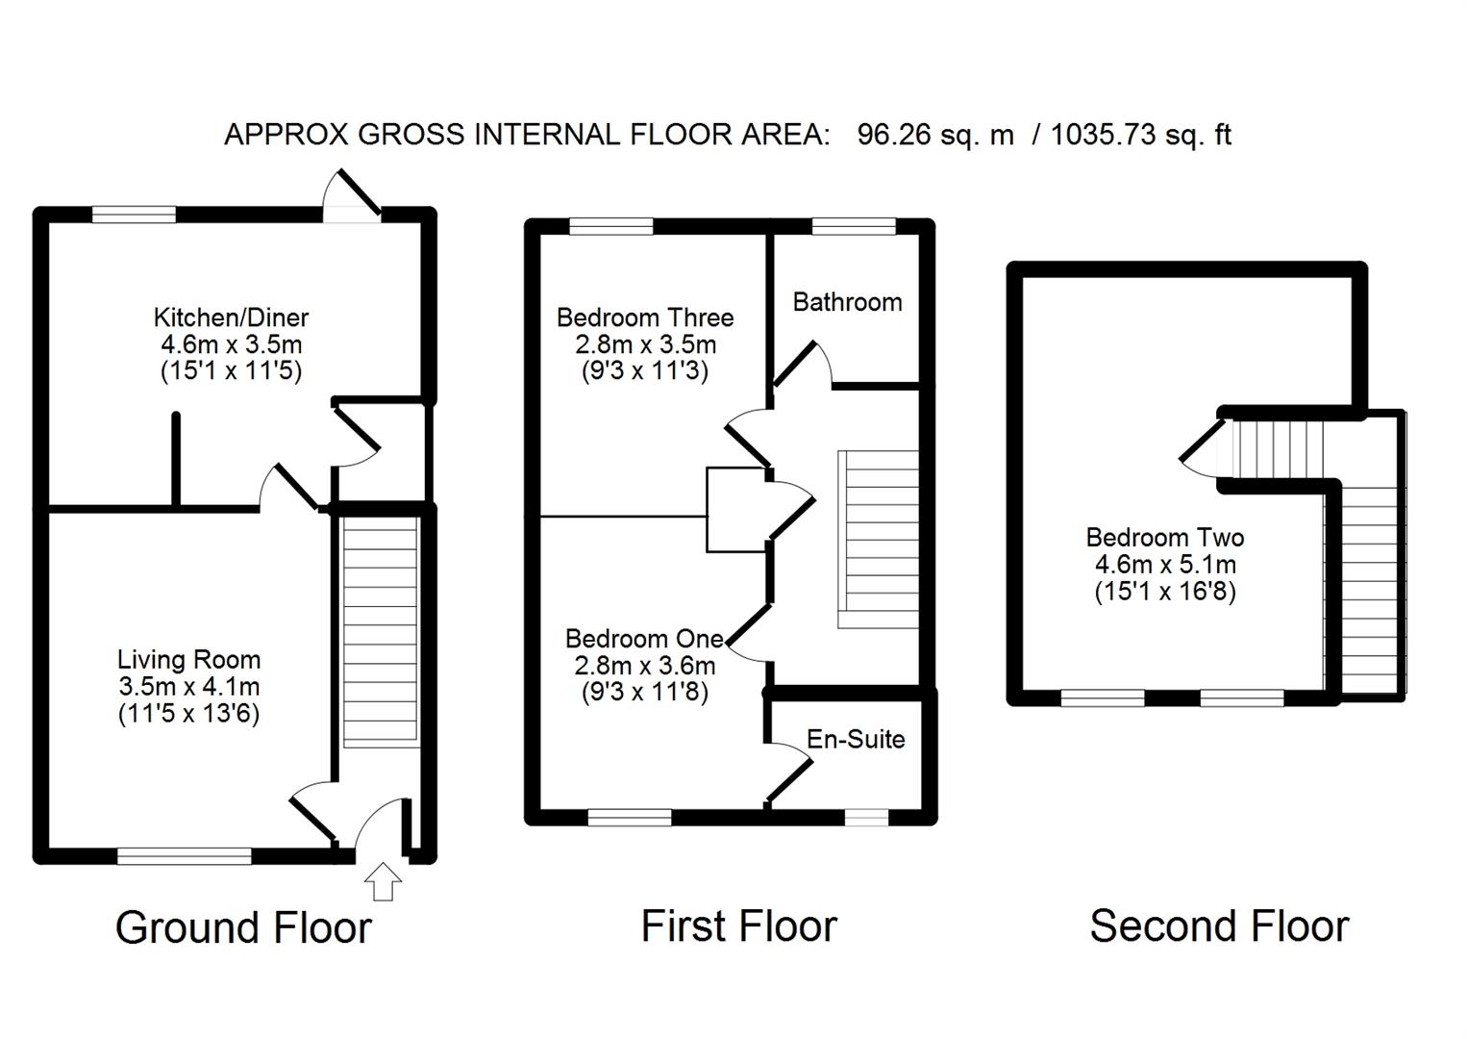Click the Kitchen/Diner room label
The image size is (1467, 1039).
coord(231,317)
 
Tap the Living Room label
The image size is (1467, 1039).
coord(188,660)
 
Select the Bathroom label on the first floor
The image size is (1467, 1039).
coord(847,302)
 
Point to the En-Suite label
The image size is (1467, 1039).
coord(856,739)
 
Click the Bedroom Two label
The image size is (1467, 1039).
coord(1165,538)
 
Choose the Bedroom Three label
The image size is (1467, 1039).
coord(645,317)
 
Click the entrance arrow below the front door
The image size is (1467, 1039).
coord(384,881)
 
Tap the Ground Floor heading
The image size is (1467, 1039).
coord(243,928)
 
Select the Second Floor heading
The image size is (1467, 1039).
coord(1219,926)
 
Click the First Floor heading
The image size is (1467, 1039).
coord(738,926)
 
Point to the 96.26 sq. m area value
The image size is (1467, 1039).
coord(935,135)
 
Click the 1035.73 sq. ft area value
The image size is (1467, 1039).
coord(1140,135)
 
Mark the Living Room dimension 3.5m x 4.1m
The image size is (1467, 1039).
coord(188,687)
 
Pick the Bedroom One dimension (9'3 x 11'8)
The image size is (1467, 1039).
coord(645,692)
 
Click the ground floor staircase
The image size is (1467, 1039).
coord(381,631)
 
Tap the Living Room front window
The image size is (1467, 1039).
coord(185,854)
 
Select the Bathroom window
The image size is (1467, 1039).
coord(854,227)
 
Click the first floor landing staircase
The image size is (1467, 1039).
coord(879,539)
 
